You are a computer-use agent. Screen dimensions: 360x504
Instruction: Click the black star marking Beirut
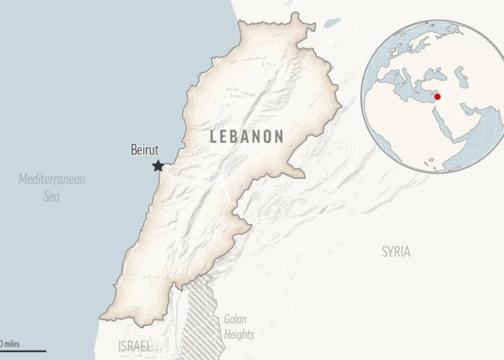tap(158, 165)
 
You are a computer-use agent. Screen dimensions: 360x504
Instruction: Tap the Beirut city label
tap(144, 150)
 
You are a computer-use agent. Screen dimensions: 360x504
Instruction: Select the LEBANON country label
tap(247, 136)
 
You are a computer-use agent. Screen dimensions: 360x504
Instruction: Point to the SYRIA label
tap(396, 252)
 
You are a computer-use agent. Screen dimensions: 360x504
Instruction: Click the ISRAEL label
tap(134, 347)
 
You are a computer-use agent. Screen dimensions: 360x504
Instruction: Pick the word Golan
tap(236, 320)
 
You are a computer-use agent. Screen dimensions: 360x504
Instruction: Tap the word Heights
tap(239, 334)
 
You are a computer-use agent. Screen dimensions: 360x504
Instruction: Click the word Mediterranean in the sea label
tap(52, 179)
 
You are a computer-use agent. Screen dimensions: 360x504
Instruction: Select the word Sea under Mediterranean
tap(52, 196)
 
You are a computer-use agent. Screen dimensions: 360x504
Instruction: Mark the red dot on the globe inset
tap(437, 97)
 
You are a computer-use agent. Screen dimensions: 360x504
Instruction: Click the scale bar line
tap(23, 350)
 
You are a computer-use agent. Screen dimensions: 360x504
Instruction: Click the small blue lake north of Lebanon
tap(332, 23)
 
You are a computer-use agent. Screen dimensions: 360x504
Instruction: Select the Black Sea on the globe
tap(440, 73)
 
